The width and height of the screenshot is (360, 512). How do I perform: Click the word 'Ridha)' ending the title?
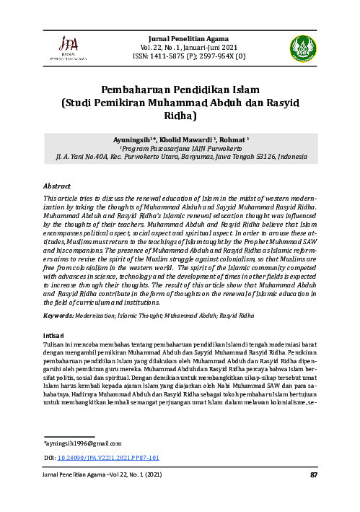pyautogui.click(x=180, y=115)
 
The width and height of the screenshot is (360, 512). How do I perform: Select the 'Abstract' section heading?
pyautogui.click(x=57, y=186)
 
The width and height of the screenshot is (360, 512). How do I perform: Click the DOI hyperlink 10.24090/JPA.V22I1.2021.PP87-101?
pyautogui.click(x=113, y=458)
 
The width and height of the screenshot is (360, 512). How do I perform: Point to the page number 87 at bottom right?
pyautogui.click(x=314, y=474)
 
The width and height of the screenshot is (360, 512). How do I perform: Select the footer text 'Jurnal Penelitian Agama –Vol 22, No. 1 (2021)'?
pyautogui.click(x=102, y=474)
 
